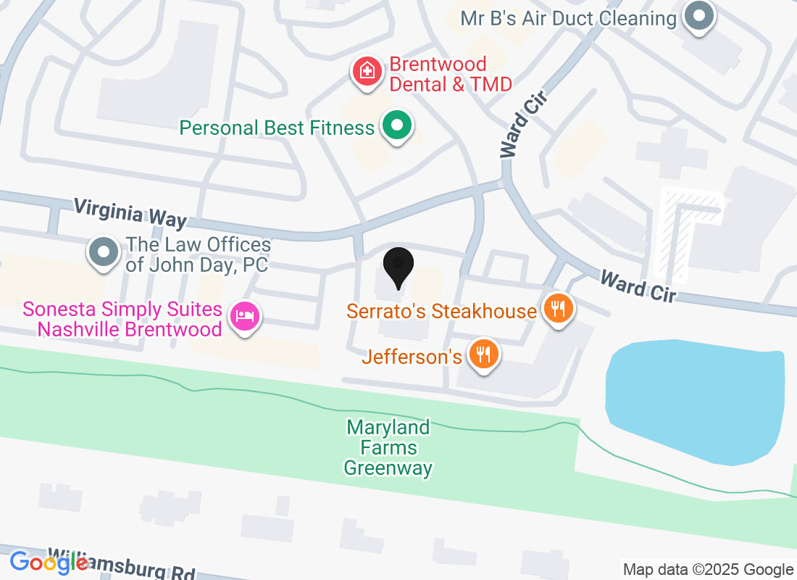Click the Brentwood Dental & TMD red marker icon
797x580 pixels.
point(368,71)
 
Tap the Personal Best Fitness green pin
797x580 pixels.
point(396,126)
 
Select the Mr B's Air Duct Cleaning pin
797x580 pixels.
point(699,15)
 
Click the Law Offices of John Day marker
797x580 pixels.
point(103,253)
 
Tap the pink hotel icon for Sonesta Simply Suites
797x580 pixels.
point(245,316)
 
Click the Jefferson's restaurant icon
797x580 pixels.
point(483,354)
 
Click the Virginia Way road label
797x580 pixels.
point(130,215)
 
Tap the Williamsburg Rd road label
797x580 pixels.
point(123,566)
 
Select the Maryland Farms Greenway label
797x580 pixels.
point(388,447)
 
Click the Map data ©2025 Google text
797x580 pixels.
point(708,570)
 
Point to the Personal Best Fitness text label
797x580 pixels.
point(277,128)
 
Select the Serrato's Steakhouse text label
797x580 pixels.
point(441,311)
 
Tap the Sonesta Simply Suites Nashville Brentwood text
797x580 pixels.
point(122,319)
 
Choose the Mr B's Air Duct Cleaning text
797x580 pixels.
point(568,17)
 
